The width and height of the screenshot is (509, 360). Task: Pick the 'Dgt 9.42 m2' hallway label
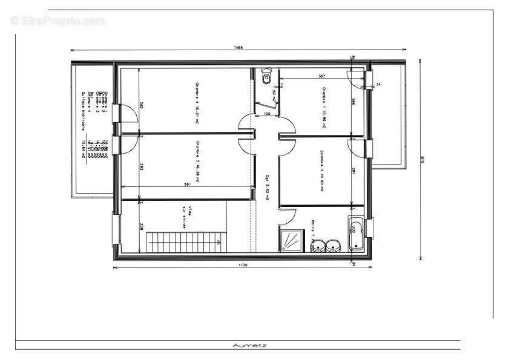pyautogui.click(x=267, y=186)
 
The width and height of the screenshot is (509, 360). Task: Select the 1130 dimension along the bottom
pyautogui.click(x=242, y=264)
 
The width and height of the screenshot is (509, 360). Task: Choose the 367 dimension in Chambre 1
pyautogui.click(x=321, y=76)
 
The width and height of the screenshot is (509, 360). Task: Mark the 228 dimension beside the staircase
pyautogui.click(x=142, y=227)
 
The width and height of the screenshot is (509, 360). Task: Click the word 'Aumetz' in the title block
pyautogui.click(x=250, y=345)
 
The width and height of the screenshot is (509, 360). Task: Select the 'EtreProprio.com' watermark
pyautogui.click(x=58, y=21)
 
